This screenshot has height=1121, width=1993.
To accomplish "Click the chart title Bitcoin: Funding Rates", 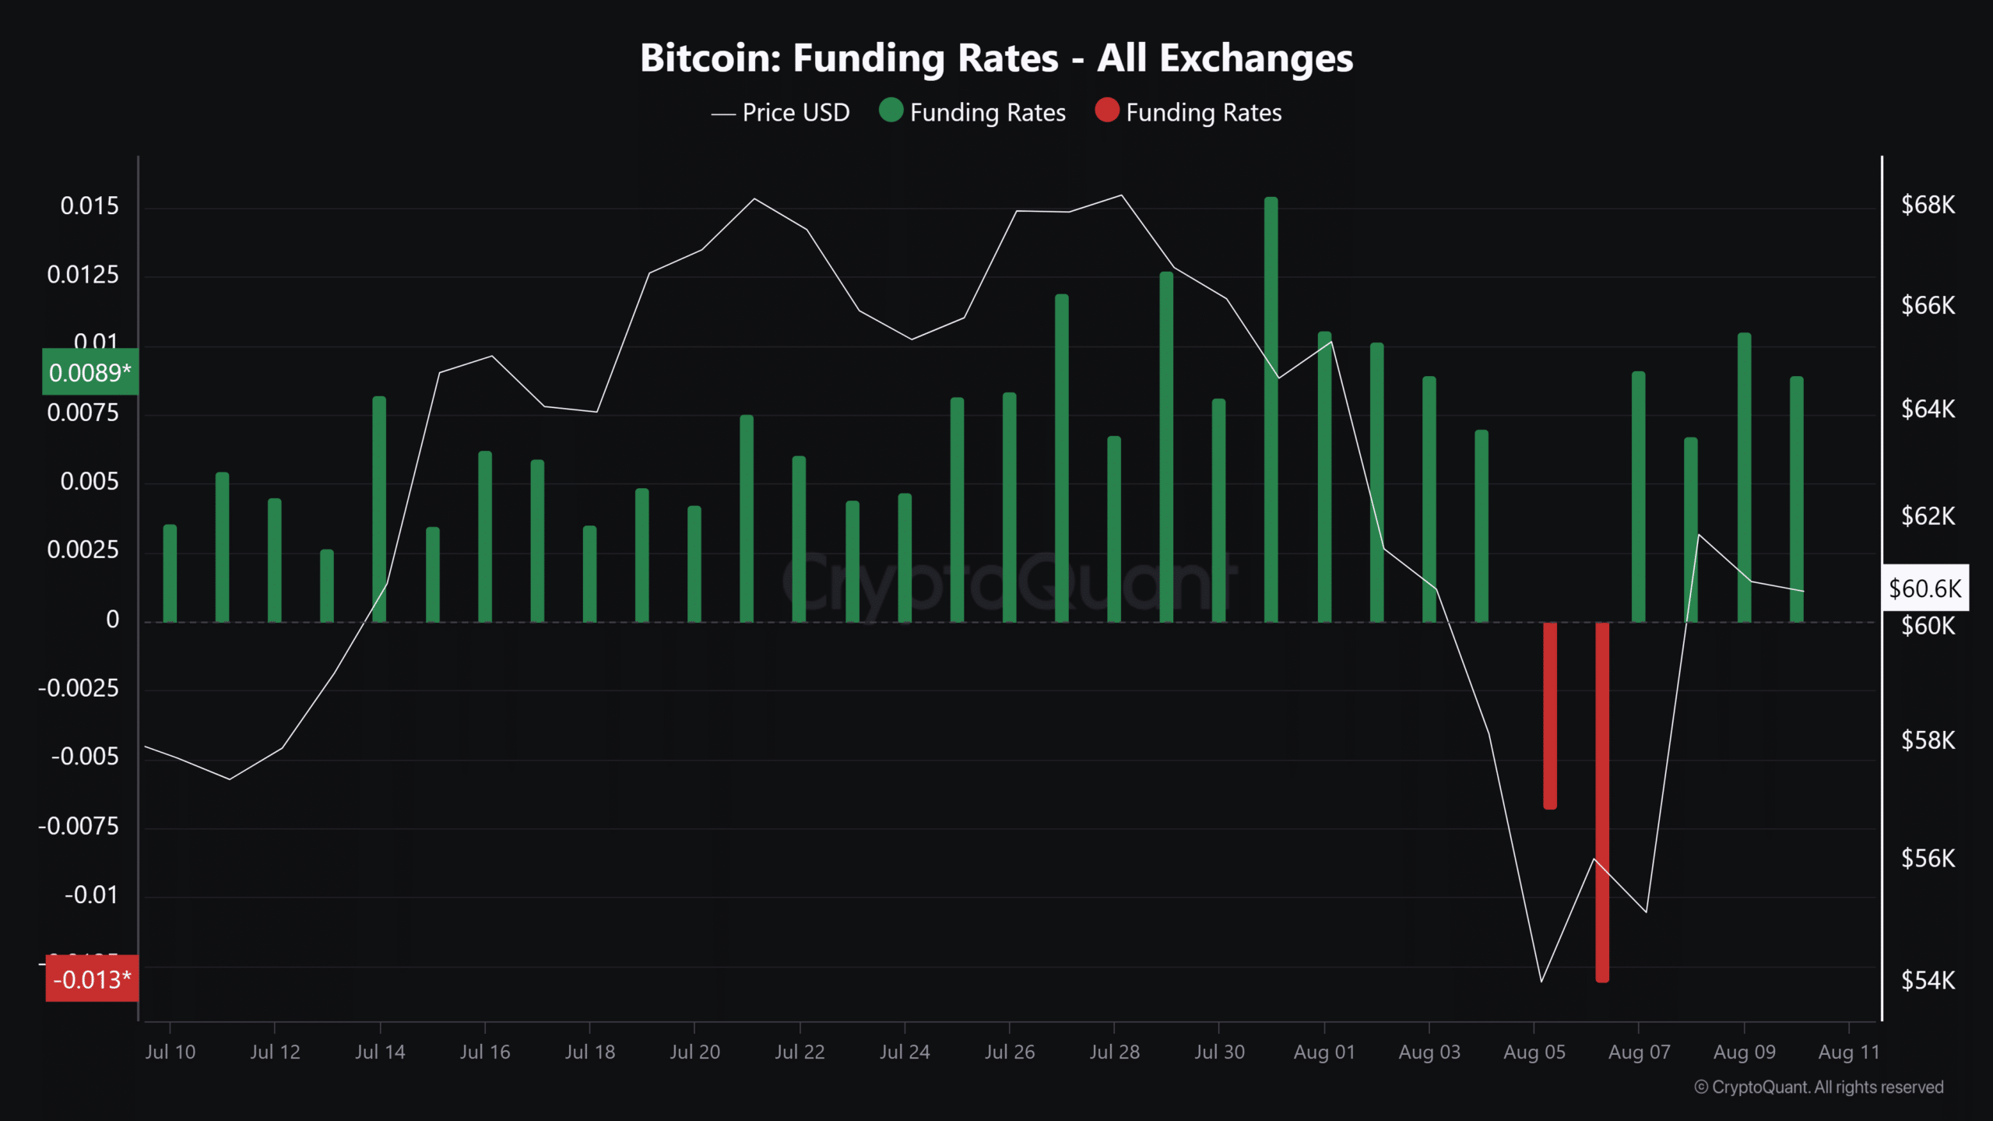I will (996, 58).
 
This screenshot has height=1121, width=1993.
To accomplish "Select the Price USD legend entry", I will (781, 113).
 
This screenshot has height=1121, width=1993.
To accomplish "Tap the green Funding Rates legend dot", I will (891, 111).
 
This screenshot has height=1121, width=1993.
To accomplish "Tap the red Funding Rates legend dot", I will (1106, 111).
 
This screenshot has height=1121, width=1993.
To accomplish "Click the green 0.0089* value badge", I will (90, 373).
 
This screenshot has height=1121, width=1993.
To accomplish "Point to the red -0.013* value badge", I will (92, 979).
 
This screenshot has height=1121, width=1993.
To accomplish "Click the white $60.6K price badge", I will (1924, 588).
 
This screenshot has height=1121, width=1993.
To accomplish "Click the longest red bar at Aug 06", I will (1602, 802).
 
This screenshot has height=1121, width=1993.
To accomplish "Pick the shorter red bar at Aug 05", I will (1550, 716).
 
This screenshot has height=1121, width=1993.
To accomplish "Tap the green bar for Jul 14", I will (379, 510).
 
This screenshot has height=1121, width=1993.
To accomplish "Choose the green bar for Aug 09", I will (1745, 479).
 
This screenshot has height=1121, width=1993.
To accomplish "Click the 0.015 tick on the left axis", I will (90, 206).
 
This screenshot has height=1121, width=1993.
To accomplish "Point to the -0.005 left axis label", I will (85, 757).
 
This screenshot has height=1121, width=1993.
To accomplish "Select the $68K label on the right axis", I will (1928, 205).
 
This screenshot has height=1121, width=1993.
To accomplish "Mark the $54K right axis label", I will (1928, 980).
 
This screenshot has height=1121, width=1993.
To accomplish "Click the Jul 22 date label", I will (800, 1052).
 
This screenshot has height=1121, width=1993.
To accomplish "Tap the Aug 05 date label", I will (1534, 1052).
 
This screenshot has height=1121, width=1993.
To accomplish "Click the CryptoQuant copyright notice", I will (1819, 1088).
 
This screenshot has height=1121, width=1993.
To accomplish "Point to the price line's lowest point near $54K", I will (1541, 982).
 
